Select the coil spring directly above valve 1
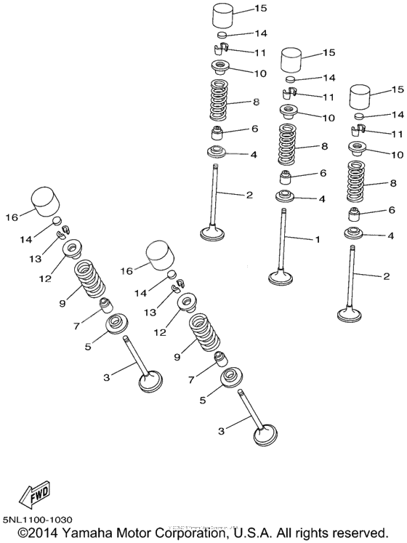click(x=289, y=144)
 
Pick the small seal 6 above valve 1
click(x=289, y=177)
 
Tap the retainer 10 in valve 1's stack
click(x=289, y=112)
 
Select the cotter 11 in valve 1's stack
click(x=289, y=92)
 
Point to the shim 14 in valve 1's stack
click(x=290, y=79)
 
